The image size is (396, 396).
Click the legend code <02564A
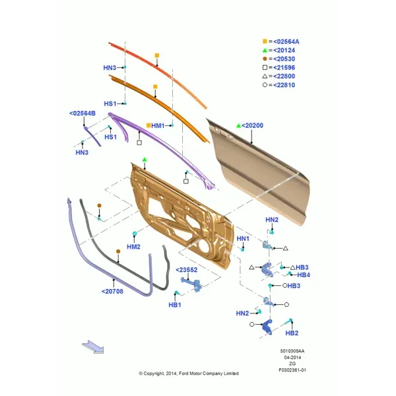pos(286,42)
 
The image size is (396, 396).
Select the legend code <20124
pos(284,50)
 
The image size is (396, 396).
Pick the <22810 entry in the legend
pos(284,85)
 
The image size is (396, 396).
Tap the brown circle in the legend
pos(265,59)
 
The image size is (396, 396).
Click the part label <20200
pos(252,125)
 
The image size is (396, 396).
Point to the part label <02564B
pos(82,114)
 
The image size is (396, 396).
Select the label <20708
pos(112,292)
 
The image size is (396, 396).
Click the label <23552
pos(186,270)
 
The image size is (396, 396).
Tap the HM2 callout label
pos(133,247)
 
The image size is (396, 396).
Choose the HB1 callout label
pos(175,305)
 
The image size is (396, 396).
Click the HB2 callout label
pos(292,333)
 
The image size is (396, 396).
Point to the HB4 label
pos(304,275)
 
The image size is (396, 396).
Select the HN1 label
pos(243,239)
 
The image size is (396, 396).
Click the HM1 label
pos(158,125)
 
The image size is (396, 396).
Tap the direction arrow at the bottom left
pos(93,346)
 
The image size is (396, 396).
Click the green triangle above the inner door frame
pos(145,160)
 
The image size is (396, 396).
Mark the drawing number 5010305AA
pos(292,351)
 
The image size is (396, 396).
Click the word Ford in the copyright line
pos(183,374)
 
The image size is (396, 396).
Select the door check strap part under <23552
pos(191,284)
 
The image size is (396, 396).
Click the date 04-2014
pos(292,357)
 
